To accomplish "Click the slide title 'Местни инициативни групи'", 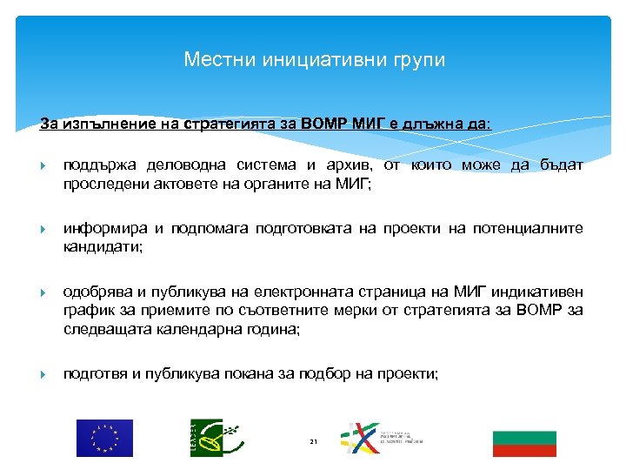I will tap(314, 60).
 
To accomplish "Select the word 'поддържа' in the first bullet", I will tap(95, 165).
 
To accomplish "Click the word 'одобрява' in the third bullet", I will tap(97, 292).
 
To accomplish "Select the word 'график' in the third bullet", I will tap(87, 311).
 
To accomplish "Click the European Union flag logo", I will tap(104, 438).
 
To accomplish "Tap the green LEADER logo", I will tap(211, 438).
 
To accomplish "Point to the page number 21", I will tap(313, 444).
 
